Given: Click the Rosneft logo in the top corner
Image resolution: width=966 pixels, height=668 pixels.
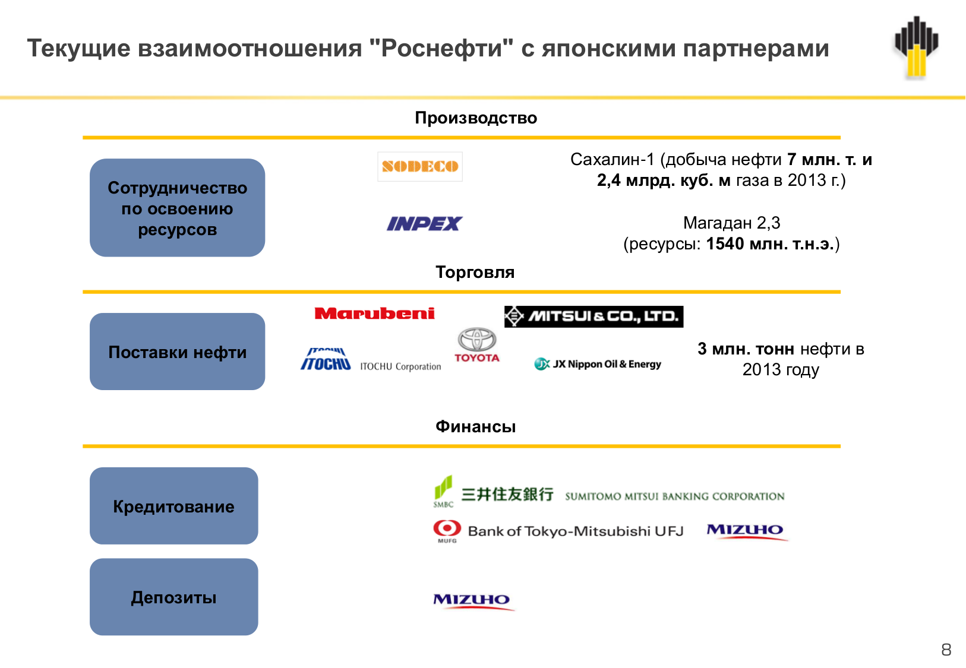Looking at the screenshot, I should coord(916,48).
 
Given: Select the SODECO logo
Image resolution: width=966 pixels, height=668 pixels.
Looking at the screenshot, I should coord(420,167).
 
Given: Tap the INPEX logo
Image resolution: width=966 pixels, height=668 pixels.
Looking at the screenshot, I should coord(424,224).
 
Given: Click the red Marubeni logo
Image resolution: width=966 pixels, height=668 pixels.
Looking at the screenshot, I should coord(374,314).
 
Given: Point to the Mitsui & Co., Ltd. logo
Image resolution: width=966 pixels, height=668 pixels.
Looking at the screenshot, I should coord(594,316).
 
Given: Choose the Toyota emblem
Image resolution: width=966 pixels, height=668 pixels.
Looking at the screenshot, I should coord(476,345).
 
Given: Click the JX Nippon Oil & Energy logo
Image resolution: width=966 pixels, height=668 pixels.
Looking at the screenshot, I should coord(598,364).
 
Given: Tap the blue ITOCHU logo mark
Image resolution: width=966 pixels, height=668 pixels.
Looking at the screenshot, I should coord(326,360).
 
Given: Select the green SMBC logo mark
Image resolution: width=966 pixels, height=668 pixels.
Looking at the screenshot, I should coord(443,491).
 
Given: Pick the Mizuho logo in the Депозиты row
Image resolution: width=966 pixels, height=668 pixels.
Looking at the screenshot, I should coord(472,601).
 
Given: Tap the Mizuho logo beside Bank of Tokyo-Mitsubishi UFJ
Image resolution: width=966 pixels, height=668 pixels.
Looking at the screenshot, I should coord(746,531).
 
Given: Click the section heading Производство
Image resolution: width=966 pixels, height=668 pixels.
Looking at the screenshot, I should coord(476,118).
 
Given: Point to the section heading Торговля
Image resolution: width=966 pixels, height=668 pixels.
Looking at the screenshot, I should coord(475,273).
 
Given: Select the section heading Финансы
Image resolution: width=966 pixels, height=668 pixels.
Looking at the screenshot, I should coord(475,427).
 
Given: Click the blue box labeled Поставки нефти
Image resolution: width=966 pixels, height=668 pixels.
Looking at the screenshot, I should coord(177,352).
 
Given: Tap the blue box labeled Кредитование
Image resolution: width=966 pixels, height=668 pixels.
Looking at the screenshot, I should coord(173,506).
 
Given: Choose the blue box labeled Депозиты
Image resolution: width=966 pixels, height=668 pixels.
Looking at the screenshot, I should coord(173,597).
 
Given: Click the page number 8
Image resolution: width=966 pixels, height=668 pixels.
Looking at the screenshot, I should coord(946,650).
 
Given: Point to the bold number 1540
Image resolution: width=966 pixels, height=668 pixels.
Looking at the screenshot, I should coord(725,244).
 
